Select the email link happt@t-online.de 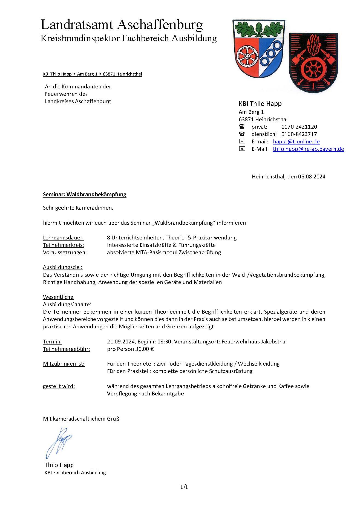[296, 141]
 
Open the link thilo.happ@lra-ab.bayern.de [308, 149]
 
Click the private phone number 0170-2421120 [299, 127]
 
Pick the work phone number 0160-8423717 [299, 134]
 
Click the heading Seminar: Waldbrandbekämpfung [85, 194]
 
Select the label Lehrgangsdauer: [63, 238]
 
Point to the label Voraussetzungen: [65, 252]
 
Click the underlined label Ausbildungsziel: [63, 267]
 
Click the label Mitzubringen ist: [64, 364]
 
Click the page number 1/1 [184, 487]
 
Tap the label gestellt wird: [59, 386]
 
